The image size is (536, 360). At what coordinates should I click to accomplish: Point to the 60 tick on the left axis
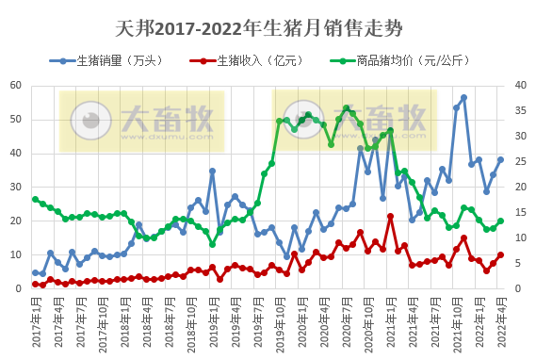tap(16, 86)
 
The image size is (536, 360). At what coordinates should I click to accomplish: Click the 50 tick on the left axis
tap(16, 120)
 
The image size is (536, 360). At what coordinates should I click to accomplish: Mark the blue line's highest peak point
tap(463, 97)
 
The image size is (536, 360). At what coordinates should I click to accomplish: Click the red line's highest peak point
tap(390, 217)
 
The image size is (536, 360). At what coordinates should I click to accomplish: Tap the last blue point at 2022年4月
tap(500, 159)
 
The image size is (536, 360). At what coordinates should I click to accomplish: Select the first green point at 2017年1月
tap(35, 199)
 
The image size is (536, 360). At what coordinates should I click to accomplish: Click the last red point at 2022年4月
tap(500, 254)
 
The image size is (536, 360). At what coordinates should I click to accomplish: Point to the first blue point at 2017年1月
tap(35, 272)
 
